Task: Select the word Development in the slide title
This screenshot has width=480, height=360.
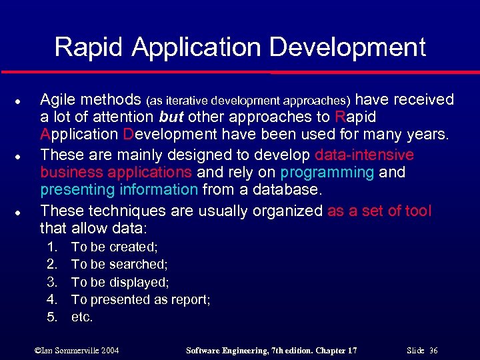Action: click(x=353, y=47)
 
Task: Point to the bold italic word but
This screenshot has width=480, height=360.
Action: click(x=173, y=117)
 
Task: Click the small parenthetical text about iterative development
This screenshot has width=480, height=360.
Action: click(x=247, y=101)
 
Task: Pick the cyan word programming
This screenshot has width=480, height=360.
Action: click(x=327, y=173)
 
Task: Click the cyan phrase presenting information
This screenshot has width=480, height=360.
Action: click(x=119, y=190)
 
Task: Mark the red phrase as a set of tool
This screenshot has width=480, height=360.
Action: click(x=379, y=211)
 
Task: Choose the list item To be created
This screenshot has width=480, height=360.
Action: click(x=114, y=247)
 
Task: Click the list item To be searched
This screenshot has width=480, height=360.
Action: click(x=119, y=265)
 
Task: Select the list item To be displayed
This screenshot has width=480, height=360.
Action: click(x=120, y=282)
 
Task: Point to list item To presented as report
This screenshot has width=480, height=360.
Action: click(x=141, y=300)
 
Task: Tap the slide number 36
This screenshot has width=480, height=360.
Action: click(x=433, y=350)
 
